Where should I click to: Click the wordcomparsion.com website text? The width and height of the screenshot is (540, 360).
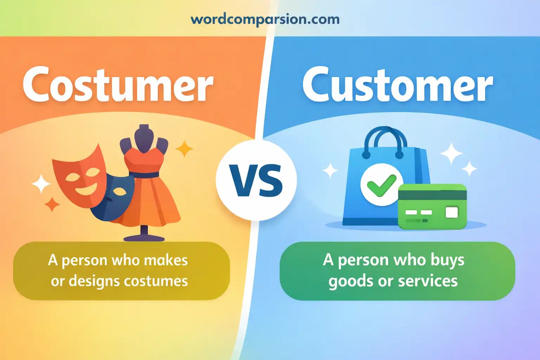[x=265, y=19]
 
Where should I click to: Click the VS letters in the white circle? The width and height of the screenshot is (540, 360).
[x=256, y=181]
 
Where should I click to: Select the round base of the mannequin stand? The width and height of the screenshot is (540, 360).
[x=144, y=238]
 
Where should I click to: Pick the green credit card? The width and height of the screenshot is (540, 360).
[x=432, y=207]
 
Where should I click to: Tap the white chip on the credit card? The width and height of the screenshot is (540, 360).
[x=452, y=212]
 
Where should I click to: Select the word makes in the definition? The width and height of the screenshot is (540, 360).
[x=166, y=261]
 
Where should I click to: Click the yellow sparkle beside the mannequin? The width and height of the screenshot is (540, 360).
[x=184, y=149]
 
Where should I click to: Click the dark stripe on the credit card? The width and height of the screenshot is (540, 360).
[x=432, y=195]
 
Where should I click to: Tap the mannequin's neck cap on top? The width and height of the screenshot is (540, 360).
[x=144, y=127]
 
